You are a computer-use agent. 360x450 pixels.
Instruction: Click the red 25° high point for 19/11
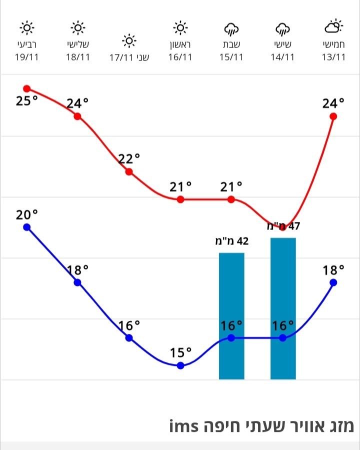pos(27,88)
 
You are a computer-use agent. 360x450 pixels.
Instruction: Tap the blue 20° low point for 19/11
pos(27,227)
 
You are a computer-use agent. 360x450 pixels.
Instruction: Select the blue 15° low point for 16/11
pos(180,365)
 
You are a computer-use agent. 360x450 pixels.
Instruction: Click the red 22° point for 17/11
pos(129,171)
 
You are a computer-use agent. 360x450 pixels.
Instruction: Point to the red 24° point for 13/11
pos(333,116)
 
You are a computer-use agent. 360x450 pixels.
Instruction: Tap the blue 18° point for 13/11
pos(333,282)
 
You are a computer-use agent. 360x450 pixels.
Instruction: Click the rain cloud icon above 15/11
pos(231,28)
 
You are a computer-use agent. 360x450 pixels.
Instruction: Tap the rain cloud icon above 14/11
pos(282,28)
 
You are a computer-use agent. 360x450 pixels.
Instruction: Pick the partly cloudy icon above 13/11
pos(333,26)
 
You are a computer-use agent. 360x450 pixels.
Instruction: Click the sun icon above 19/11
pos(27,27)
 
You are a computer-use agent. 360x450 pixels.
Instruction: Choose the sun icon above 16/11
pos(180,27)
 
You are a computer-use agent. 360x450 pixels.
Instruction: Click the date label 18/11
pos(78,56)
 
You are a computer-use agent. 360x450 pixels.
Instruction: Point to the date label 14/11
pos(282,56)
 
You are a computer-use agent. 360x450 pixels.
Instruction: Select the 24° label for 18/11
pos(77,103)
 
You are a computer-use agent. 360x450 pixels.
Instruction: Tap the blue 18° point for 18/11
pos(77,282)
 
